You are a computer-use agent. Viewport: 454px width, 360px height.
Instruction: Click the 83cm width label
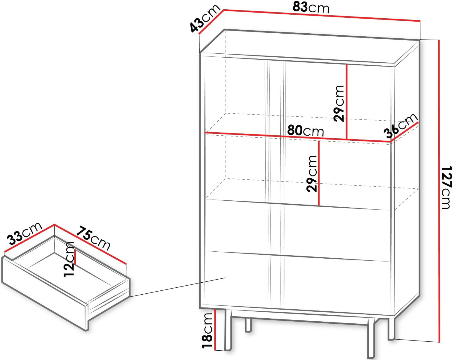pos(311,8)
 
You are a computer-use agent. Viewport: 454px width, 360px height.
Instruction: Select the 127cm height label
pos(447,187)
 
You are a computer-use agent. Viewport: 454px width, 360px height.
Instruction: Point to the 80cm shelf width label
pos(305,131)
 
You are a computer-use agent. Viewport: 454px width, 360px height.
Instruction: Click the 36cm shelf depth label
pos(400,125)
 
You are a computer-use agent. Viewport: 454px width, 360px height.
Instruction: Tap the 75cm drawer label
pos(93,238)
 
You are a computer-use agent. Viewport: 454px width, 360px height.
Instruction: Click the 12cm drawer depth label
pos(69,259)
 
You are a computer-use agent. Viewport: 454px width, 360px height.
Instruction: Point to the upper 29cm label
pos(339,103)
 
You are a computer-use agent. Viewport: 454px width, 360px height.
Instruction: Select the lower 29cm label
pos(312,174)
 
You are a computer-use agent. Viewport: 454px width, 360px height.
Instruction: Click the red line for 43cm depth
pos(211,22)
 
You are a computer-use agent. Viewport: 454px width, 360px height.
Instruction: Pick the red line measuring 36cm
pos(404,132)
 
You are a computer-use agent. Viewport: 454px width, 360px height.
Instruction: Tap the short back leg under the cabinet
pos(249,325)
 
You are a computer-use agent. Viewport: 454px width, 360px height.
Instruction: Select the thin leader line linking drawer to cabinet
pos(177,287)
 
